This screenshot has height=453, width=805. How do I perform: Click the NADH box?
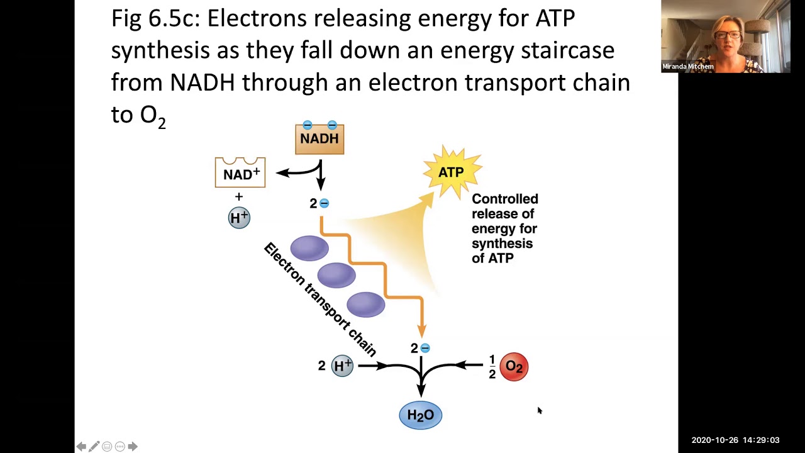click(x=319, y=139)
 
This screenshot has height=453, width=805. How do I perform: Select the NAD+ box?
click(x=240, y=172)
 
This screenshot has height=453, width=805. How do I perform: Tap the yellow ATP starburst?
click(x=452, y=172)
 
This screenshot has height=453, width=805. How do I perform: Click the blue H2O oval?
click(x=421, y=415)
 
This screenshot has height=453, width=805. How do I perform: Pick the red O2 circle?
click(x=514, y=366)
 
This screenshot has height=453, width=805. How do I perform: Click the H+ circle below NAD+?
click(x=239, y=218)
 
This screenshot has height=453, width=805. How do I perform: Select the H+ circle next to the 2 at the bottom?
click(x=342, y=366)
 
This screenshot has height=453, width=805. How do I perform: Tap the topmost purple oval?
click(x=309, y=248)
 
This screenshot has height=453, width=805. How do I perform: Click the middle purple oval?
click(x=336, y=275)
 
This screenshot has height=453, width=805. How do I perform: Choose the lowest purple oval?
click(x=366, y=305)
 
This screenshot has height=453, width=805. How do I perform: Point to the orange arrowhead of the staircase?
click(x=422, y=331)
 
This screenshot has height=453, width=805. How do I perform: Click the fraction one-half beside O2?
click(x=492, y=367)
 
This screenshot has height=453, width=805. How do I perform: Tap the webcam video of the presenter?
click(x=726, y=36)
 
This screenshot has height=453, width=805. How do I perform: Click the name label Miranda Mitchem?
click(x=688, y=67)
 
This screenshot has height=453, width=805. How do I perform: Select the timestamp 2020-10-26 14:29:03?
click(x=736, y=440)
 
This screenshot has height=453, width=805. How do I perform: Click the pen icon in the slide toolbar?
click(x=94, y=447)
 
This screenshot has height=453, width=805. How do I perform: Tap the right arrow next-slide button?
click(x=133, y=447)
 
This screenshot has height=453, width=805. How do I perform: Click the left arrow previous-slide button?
click(x=82, y=447)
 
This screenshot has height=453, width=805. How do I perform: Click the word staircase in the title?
click(x=568, y=50)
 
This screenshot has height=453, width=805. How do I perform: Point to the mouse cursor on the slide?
click(x=540, y=411)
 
